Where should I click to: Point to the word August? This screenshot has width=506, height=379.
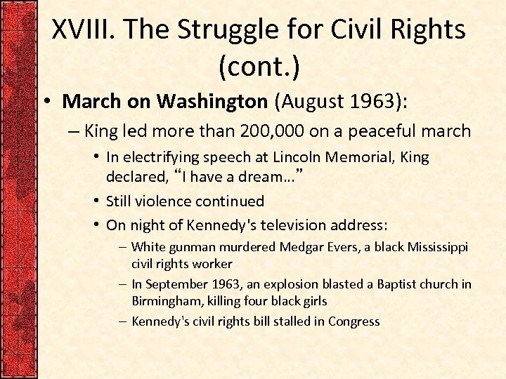tap(309, 102)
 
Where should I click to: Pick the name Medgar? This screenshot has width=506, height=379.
tap(302, 247)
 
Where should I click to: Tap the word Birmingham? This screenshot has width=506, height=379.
tap(163, 300)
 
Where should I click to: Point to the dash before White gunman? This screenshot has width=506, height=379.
tap(123, 247)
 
